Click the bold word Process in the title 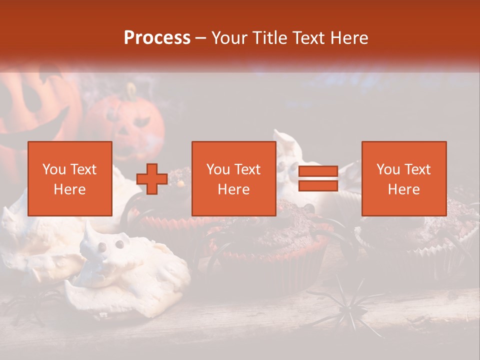[157, 38]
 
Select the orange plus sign [152, 179]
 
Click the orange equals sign [318, 179]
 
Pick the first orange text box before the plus [70, 178]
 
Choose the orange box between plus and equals [234, 178]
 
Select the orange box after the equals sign [404, 178]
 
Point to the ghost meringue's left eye [102, 246]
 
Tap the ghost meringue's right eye [120, 244]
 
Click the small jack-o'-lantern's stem [131, 91]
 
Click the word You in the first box [53, 169]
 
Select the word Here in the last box [404, 189]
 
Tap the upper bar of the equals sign [318, 171]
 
